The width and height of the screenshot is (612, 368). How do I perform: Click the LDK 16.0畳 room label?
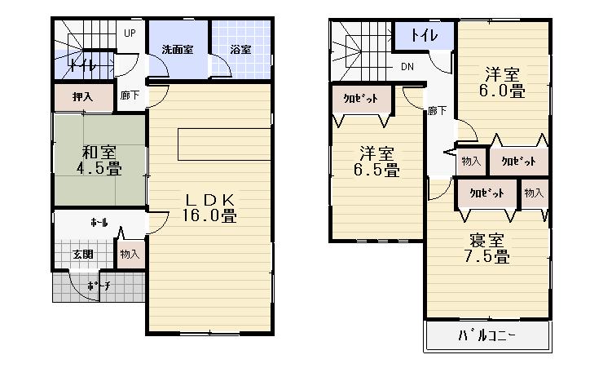pyautogui.click(x=209, y=208)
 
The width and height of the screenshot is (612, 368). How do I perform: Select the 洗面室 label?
pyautogui.click(x=176, y=50)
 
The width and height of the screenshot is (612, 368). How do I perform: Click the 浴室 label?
pyautogui.click(x=240, y=50)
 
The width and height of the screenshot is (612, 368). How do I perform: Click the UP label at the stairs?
pyautogui.click(x=129, y=33)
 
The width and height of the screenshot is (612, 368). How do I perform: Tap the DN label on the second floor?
pyautogui.click(x=406, y=67)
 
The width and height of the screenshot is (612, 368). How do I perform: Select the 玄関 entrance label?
pyautogui.click(x=82, y=255)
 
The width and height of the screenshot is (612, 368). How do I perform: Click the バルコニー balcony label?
pyautogui.click(x=487, y=335)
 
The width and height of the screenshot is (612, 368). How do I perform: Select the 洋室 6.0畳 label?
pyautogui.click(x=504, y=82)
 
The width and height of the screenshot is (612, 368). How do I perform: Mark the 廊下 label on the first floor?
pyautogui.click(x=129, y=95)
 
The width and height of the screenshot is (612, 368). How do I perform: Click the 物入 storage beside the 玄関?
pyautogui.click(x=130, y=255)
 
